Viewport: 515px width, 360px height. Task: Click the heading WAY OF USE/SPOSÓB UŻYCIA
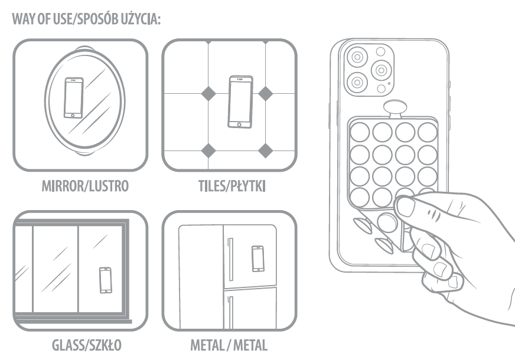(86, 19)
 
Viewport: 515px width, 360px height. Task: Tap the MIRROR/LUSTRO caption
(85, 186)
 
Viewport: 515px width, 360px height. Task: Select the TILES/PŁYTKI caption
(232, 186)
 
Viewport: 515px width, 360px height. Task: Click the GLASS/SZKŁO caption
(87, 345)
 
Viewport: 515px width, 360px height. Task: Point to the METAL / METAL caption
(229, 345)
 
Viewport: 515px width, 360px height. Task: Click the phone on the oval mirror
(74, 98)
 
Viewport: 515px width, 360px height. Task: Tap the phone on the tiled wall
(240, 102)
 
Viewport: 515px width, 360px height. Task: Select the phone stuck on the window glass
(106, 280)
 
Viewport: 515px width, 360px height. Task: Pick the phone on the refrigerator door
(258, 258)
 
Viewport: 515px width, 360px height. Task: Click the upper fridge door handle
(230, 259)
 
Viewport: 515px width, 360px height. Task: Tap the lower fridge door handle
(230, 312)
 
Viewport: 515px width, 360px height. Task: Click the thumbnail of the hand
(406, 207)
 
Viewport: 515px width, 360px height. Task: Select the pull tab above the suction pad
(395, 109)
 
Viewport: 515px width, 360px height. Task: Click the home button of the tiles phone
(239, 125)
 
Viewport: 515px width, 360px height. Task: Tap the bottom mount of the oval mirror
(84, 153)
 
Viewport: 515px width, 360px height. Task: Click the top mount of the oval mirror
(84, 48)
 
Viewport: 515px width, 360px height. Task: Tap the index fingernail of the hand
(429, 250)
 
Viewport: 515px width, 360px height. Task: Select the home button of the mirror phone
(73, 115)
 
